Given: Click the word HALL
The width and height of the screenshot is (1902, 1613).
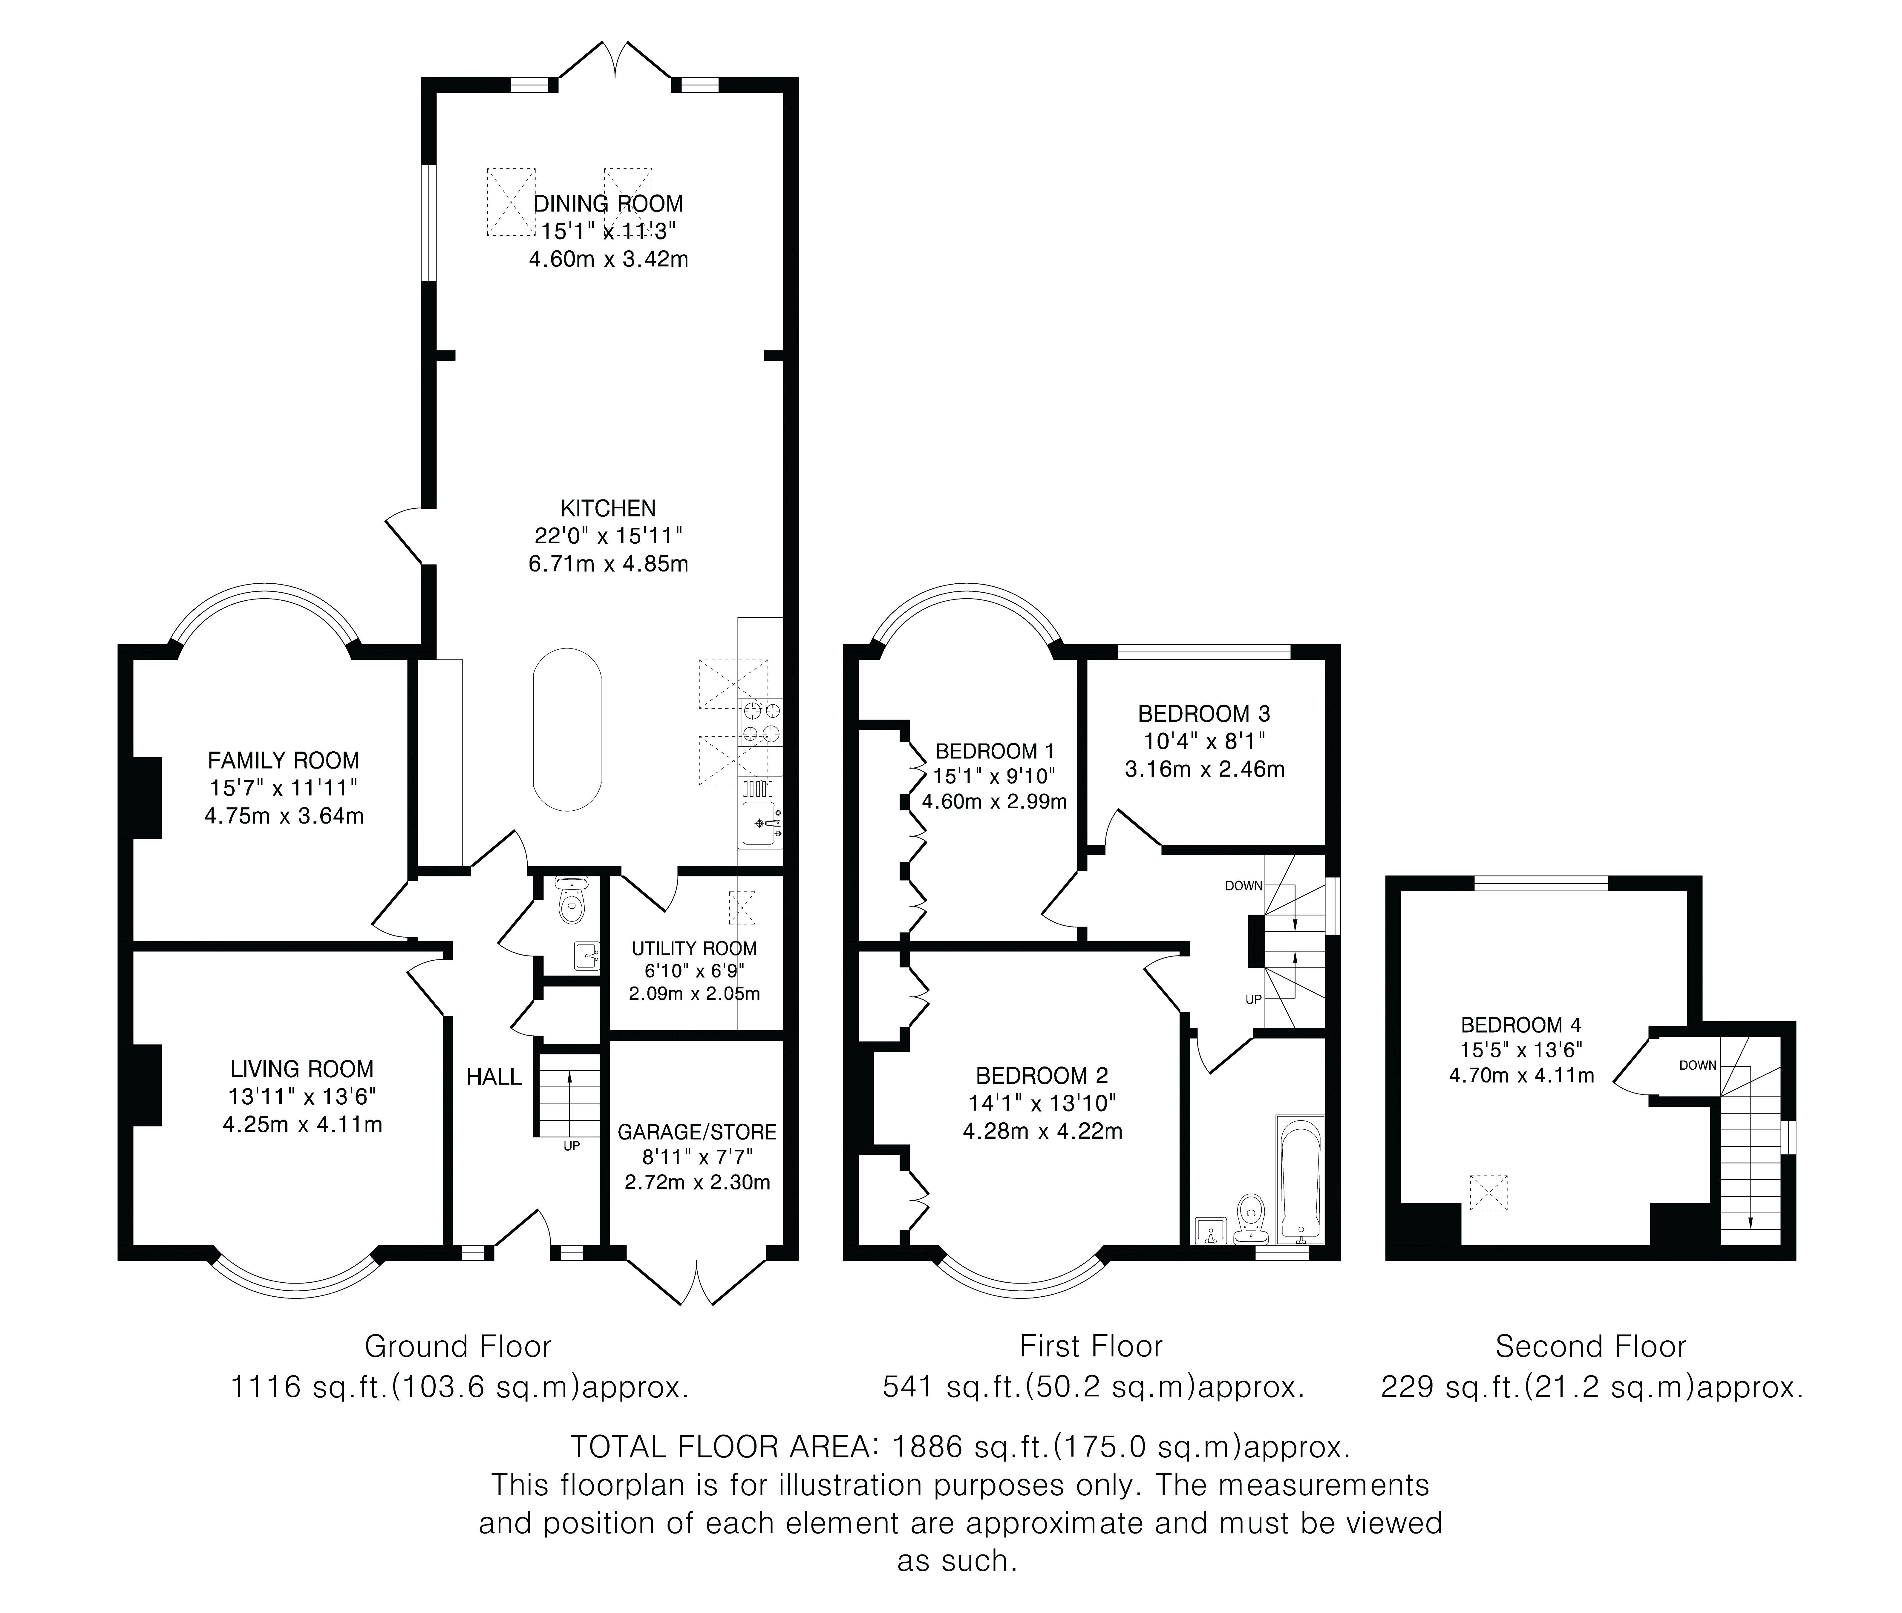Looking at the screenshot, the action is pyautogui.click(x=494, y=1077).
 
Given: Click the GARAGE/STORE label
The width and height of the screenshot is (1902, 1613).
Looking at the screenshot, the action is pyautogui.click(x=697, y=1132).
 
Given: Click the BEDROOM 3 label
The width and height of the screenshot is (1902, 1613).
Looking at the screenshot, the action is pyautogui.click(x=1204, y=713).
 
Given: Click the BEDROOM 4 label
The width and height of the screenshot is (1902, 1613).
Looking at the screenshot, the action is pyautogui.click(x=1521, y=1025).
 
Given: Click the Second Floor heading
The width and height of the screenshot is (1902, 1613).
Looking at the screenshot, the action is pyautogui.click(x=1590, y=1346).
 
